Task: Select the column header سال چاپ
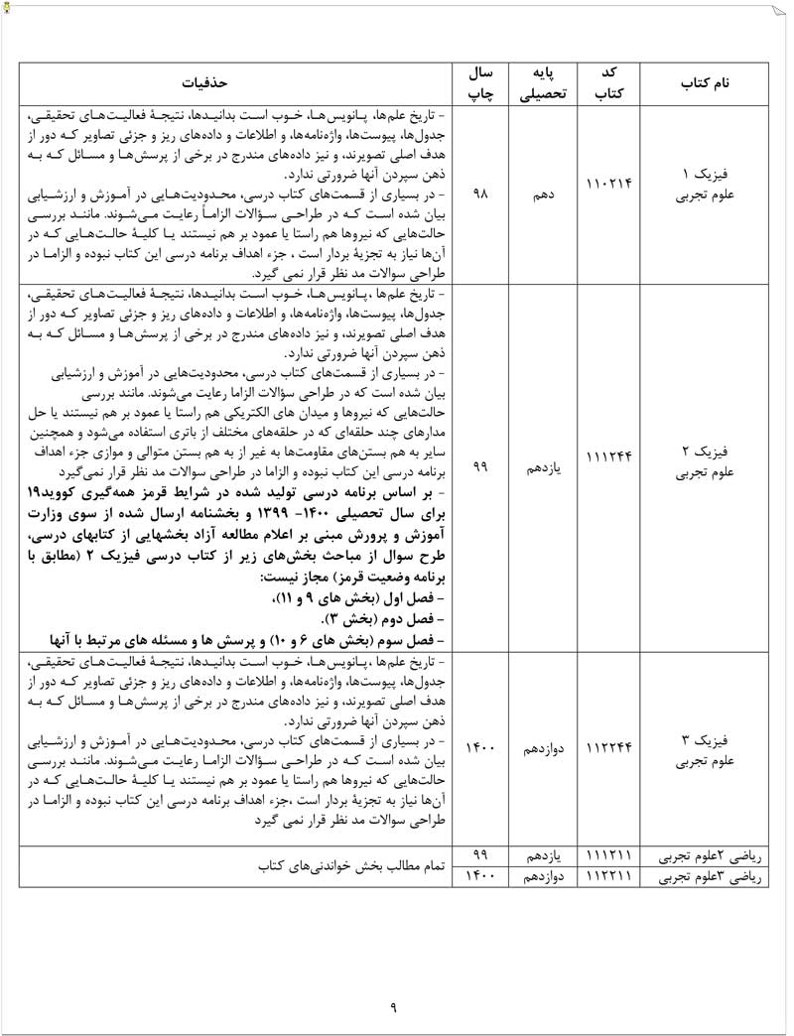pyautogui.click(x=480, y=83)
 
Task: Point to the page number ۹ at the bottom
pyautogui.click(x=393, y=1009)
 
